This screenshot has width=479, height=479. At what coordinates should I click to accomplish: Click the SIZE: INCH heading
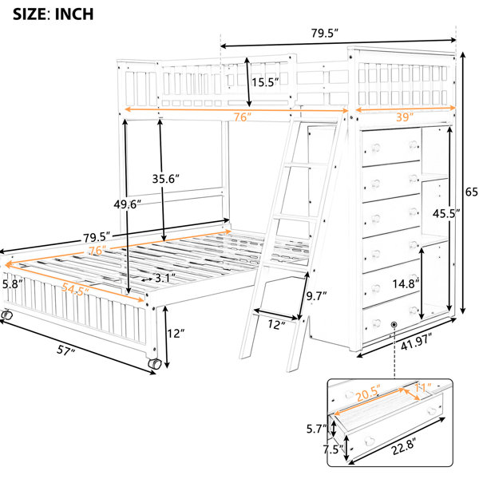[x=53, y=14]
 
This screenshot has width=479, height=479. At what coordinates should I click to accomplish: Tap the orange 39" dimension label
[x=405, y=117]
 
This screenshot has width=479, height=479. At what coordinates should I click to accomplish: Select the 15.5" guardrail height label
[x=265, y=82]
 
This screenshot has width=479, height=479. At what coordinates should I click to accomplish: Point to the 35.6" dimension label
[x=166, y=179]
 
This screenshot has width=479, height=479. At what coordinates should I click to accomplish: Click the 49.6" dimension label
[x=128, y=204]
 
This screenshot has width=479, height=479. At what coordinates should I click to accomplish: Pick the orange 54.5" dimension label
[x=75, y=289]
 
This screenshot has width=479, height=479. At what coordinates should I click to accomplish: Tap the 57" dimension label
[x=66, y=350]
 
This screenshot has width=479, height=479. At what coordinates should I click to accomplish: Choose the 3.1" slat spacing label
[x=165, y=278]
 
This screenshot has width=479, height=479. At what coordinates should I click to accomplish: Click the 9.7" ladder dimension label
[x=316, y=295]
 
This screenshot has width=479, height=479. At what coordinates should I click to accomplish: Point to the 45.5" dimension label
[x=446, y=213]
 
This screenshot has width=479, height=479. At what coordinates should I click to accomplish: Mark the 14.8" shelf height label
[x=406, y=283]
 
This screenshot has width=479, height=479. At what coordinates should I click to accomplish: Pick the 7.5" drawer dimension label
[x=333, y=449]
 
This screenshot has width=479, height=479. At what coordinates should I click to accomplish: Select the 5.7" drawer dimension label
[x=317, y=430]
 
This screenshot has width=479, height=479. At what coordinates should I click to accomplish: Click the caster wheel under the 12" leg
[x=155, y=364]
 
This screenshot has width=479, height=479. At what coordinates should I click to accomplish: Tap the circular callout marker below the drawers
[x=394, y=324]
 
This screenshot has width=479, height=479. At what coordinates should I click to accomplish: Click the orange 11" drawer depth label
[x=423, y=388]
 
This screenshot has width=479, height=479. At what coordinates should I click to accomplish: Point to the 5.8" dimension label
[x=13, y=284]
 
